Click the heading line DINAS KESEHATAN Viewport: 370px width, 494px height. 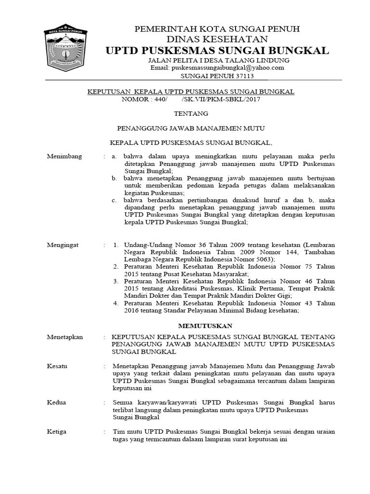tap(218, 39)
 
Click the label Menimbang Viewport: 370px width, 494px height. tap(65, 156)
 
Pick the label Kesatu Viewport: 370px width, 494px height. tap(57, 366)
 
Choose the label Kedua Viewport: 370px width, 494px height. tap(56, 402)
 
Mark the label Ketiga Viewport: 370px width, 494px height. tap(57, 431)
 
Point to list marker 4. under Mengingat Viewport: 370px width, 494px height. tap(116, 303)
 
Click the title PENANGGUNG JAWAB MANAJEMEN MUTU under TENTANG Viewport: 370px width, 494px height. tap(192, 128)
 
